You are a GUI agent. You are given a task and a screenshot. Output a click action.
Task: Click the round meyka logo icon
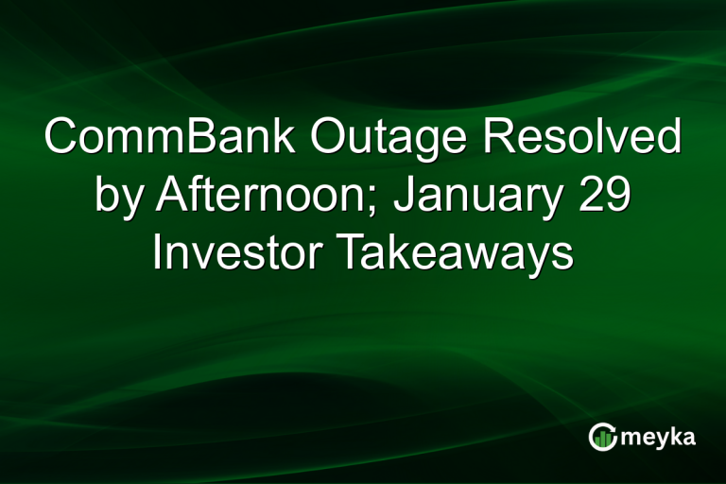click(602, 437)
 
